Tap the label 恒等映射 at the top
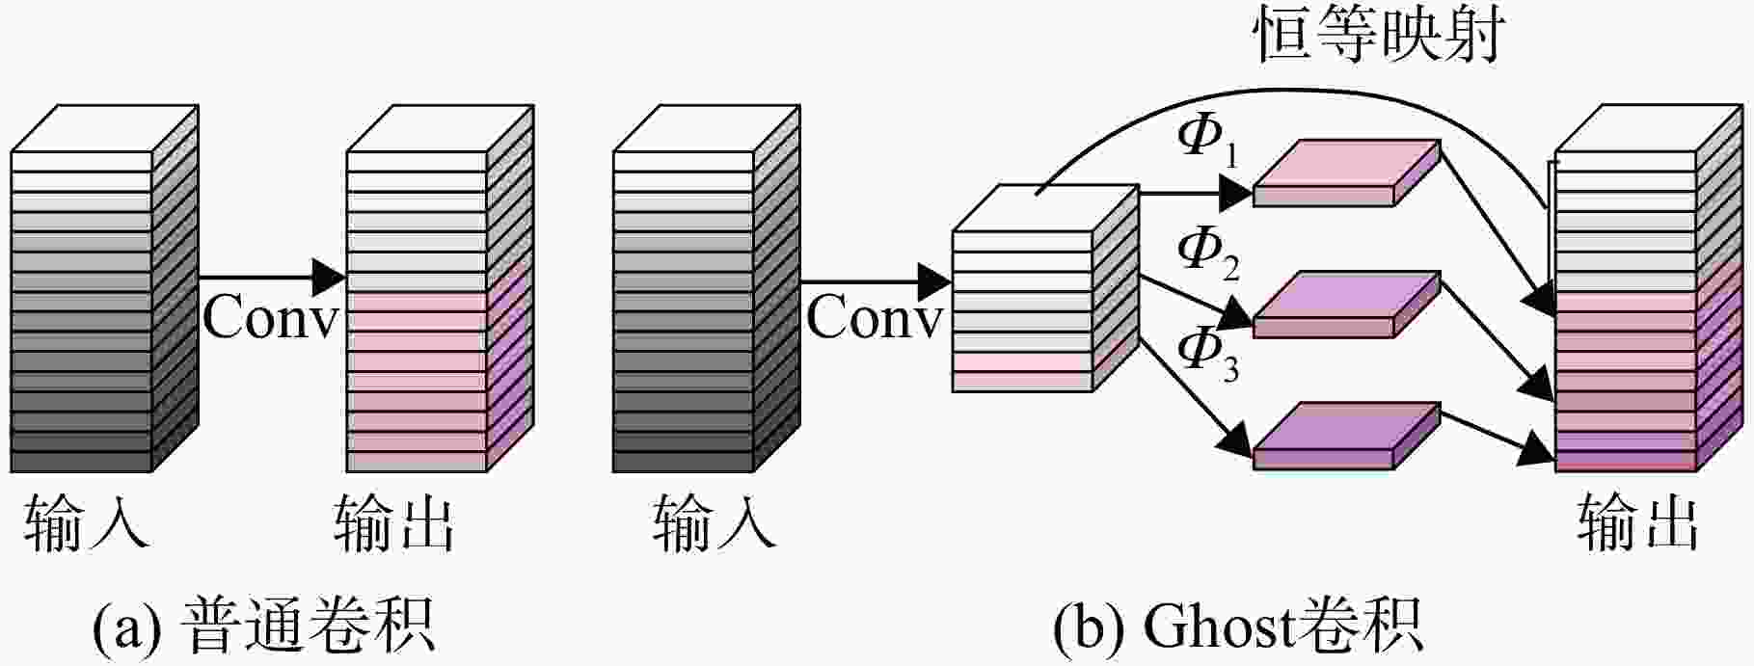pos(1378,36)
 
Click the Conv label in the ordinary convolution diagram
pos(271,317)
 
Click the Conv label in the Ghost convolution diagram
pos(874,317)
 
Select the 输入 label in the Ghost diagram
pos(714,523)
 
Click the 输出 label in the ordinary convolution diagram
pos(393,523)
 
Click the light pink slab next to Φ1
pos(1346,173)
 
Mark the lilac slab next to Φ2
pos(1346,305)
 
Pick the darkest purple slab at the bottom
pos(1346,436)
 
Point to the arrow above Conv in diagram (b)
pos(876,281)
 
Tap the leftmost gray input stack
pos(104,288)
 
